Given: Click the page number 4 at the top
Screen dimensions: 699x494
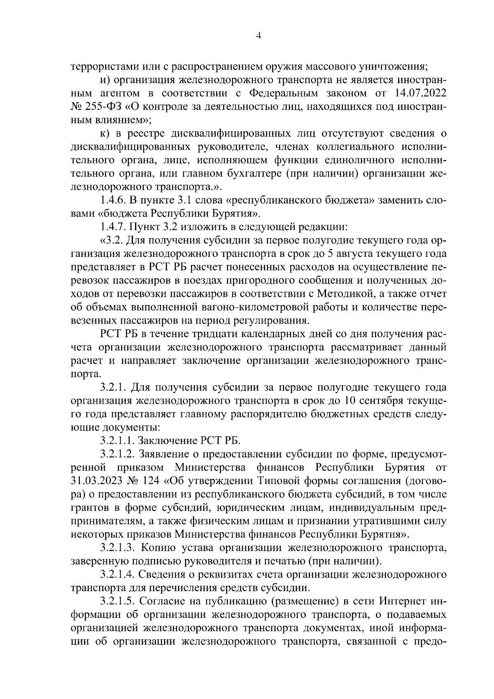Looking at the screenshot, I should tap(258, 36).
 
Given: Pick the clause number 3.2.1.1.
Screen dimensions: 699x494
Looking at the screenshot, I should tap(117, 440).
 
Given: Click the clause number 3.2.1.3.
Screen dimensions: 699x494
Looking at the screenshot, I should tap(118, 548).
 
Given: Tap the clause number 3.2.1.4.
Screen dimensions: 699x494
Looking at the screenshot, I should tap(118, 574).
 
